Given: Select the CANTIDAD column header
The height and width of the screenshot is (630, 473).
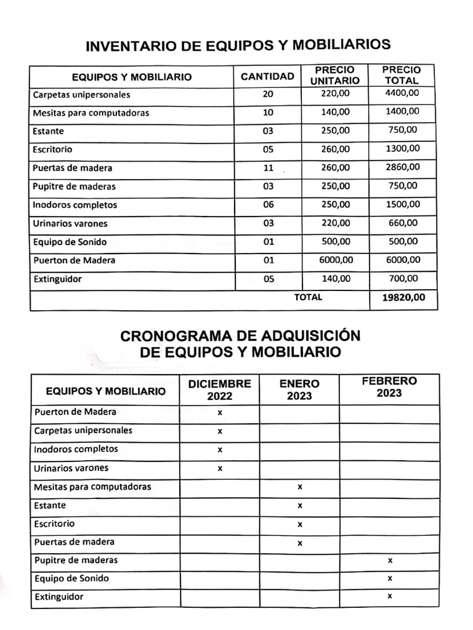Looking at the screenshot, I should click(267, 77).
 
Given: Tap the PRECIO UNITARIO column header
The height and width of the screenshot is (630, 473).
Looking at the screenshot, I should click(334, 76).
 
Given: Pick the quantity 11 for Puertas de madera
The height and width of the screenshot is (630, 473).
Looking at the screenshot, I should click(268, 168).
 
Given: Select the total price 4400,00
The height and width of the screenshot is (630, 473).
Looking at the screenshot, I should click(403, 94).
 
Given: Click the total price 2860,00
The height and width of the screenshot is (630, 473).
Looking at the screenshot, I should click(403, 167).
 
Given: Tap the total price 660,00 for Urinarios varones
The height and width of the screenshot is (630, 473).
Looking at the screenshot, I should click(403, 223).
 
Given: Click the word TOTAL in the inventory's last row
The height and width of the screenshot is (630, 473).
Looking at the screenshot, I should click(308, 297).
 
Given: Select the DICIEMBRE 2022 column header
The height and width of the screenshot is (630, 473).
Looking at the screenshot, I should click(219, 389).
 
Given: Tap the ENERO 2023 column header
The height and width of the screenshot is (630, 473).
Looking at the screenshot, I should click(299, 389).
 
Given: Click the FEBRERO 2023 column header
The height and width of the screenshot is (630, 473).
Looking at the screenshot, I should click(389, 387).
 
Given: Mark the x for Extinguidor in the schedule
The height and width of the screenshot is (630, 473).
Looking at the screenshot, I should click(390, 596).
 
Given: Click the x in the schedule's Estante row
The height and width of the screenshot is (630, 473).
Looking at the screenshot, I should click(299, 506).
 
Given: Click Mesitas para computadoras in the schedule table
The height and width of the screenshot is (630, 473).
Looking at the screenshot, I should click(92, 487).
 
